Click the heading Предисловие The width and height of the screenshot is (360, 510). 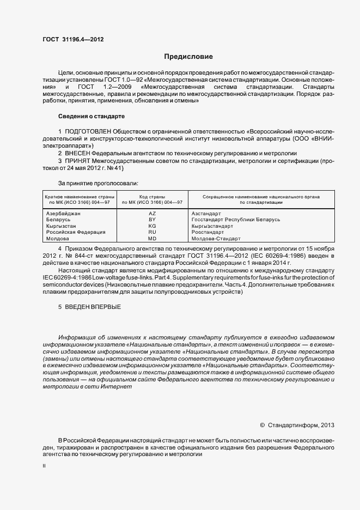coord(188,57)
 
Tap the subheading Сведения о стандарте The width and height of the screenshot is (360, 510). coord(91,117)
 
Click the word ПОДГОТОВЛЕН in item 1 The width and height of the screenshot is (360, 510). coord(88,132)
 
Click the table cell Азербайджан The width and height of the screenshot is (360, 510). coord(63,213)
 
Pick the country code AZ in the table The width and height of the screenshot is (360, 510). coord(152,213)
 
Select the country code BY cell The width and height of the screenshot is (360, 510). coord(152,219)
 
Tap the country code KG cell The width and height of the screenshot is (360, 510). coord(152,226)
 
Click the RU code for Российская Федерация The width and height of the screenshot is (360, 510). coord(152,232)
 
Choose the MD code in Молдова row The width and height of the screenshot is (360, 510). coord(152,239)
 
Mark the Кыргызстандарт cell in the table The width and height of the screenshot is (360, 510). coord(212,226)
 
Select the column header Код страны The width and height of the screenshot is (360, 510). coord(152,196)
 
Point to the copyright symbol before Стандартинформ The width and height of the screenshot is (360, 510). coord(263,425)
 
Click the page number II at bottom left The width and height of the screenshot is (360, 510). coord(44,466)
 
